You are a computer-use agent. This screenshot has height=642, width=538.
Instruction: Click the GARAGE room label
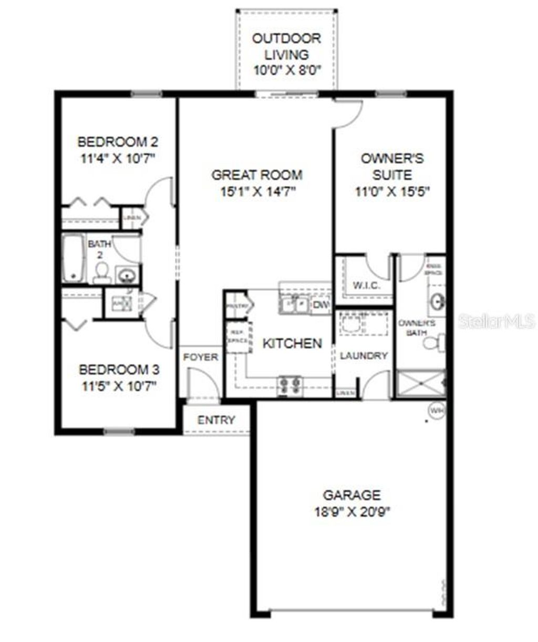point(351,495)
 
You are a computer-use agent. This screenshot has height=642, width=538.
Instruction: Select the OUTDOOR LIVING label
point(286,46)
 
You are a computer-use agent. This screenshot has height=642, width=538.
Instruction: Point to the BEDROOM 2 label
point(118,142)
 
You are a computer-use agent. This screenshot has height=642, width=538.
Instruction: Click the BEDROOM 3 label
point(119,370)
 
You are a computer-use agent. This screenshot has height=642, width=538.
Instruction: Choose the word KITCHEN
point(292,343)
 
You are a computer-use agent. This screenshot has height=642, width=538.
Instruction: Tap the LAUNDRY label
point(364,355)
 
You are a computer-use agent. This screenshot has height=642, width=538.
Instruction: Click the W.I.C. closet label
point(366,286)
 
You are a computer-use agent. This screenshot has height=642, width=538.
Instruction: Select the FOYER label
point(201,357)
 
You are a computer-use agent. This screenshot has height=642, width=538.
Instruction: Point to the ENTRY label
point(216,420)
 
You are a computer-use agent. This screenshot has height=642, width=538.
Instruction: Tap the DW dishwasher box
point(320,305)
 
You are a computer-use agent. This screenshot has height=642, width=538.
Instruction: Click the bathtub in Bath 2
point(73,258)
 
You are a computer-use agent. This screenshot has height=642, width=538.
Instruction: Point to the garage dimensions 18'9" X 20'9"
point(352,511)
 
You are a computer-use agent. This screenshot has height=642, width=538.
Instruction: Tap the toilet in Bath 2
point(101,273)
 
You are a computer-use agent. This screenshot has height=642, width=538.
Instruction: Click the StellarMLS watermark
point(496,321)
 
